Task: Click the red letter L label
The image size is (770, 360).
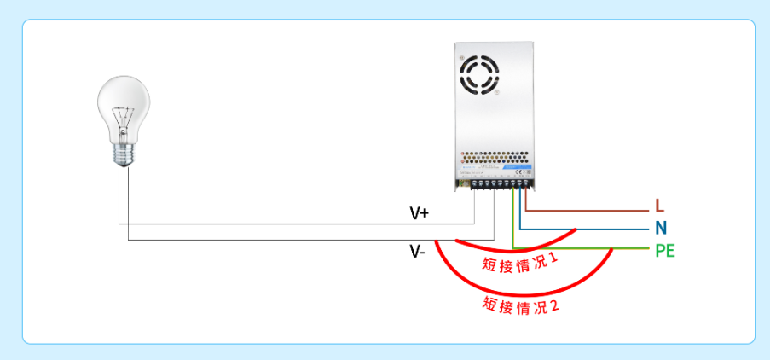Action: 659,206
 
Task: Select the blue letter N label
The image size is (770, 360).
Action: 660,229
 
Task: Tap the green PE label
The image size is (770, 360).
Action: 665,251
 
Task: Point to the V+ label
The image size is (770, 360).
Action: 419,213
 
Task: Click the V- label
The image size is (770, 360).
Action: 417,252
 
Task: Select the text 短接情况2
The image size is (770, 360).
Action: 520,305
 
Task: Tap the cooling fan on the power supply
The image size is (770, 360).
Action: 478,74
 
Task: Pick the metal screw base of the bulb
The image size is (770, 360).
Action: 126,154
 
